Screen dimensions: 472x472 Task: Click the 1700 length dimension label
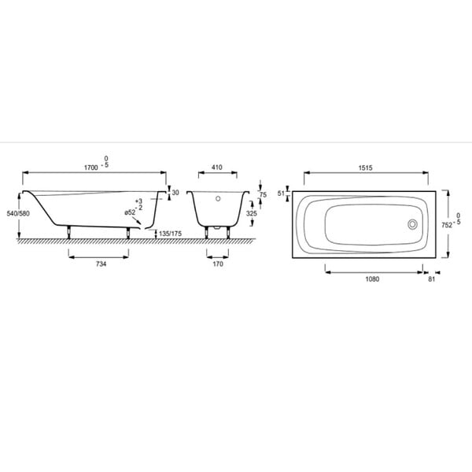pos(91,168)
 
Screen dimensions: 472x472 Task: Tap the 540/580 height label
pos(18,213)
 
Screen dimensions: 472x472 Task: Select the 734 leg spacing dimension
pos(101,264)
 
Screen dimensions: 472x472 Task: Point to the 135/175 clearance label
pos(171,234)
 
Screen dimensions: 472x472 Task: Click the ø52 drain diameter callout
pos(130,212)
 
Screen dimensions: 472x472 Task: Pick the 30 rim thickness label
pos(175,193)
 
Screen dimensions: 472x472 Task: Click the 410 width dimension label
pos(217,168)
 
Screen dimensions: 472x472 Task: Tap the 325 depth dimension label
pos(252,213)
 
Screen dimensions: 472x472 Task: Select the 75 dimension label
pos(263,195)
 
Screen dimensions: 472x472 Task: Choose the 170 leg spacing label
pos(218,264)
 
